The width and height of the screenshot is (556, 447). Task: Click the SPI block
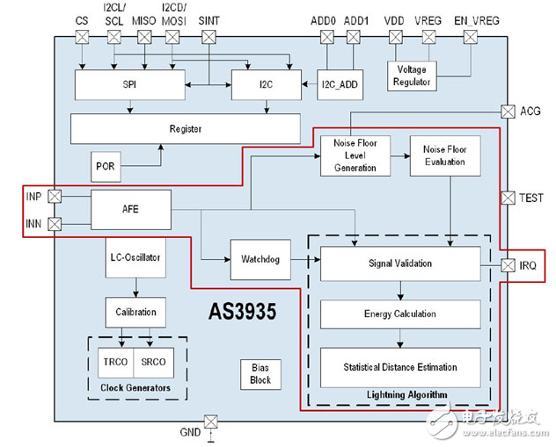pyautogui.click(x=130, y=85)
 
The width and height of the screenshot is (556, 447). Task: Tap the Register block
pyautogui.click(x=185, y=129)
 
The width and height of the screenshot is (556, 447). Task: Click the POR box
pyautogui.click(x=105, y=165)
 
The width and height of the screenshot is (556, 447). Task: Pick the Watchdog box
pyautogui.click(x=260, y=259)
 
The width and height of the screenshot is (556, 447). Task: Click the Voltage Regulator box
pyautogui.click(x=411, y=76)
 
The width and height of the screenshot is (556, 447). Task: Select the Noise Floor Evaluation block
pyautogui.click(x=445, y=156)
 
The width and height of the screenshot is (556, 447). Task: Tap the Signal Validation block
pyautogui.click(x=400, y=263)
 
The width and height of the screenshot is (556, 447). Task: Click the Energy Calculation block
pyautogui.click(x=400, y=314)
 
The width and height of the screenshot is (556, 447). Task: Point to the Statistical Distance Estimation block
pyautogui.click(x=400, y=366)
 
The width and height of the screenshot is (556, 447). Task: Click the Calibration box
pyautogui.click(x=135, y=312)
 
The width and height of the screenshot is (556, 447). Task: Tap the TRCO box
pyautogui.click(x=114, y=362)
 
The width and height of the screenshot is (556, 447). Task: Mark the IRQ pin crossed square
pyautogui.click(x=508, y=265)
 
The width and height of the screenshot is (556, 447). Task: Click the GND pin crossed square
pyautogui.click(x=210, y=422)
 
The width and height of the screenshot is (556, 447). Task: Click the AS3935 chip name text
pyautogui.click(x=242, y=312)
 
